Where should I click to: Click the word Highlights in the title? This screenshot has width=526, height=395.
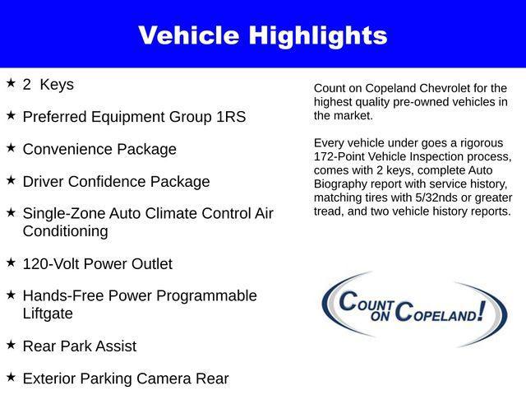320,35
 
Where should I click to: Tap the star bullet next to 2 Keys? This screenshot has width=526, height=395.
11,83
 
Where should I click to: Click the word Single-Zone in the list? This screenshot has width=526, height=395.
62,213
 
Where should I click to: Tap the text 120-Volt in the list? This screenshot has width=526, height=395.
51,264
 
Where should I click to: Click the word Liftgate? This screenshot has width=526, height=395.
48,314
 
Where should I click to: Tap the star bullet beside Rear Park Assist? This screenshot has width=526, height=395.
11,345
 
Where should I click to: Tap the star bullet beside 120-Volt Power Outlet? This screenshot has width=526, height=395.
11,263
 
